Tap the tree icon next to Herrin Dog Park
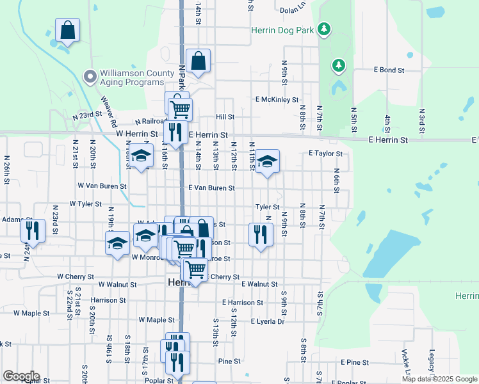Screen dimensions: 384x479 coord(325,29)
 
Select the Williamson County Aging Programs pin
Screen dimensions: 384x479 coord(90,77)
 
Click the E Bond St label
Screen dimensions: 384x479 coord(389,70)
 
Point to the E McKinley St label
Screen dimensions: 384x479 coord(277,100)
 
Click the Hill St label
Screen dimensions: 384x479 coord(225,117)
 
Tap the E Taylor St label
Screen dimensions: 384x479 coord(325,154)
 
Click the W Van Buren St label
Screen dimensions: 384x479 coord(102,186)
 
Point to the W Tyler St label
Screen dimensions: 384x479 coord(86,204)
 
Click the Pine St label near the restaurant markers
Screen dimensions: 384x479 coord(224,361)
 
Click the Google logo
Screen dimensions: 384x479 coord(21,376)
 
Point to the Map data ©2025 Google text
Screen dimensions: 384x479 coord(439,379)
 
